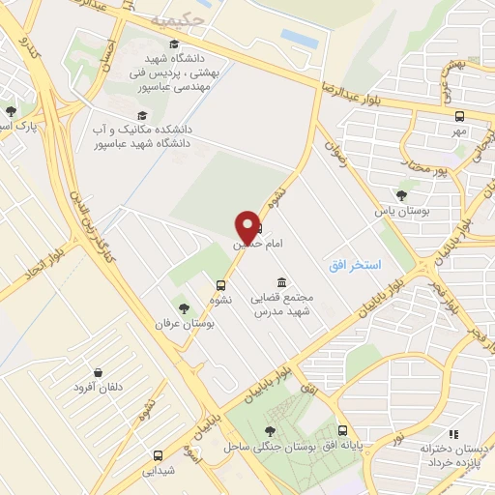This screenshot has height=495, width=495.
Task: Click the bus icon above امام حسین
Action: point(256,229)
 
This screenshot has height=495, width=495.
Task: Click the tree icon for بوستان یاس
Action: point(401,195)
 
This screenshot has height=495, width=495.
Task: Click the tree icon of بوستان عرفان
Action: point(184,308)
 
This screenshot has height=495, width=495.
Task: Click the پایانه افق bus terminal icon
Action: point(342,431)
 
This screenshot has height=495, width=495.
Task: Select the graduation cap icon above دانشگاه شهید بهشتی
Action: point(173,44)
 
